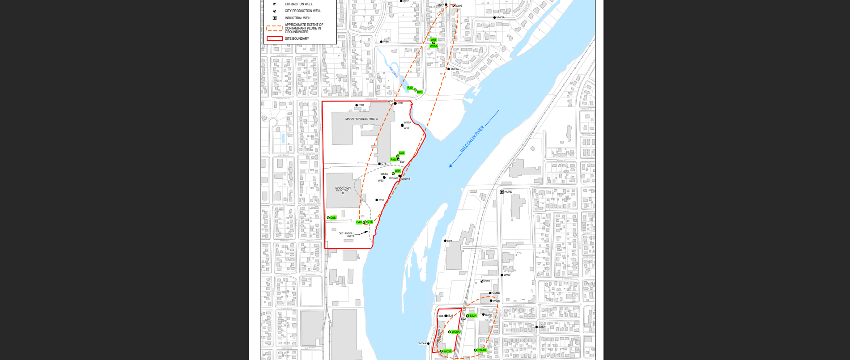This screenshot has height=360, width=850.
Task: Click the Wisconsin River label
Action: pyautogui.click(x=472, y=139)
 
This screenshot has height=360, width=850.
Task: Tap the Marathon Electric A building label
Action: pyautogui.click(x=361, y=119)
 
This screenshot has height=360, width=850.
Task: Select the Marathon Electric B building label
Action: pyautogui.click(x=343, y=191)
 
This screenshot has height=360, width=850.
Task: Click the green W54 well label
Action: pyautogui.click(x=398, y=171)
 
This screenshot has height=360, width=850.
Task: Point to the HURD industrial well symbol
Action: pyautogui.click(x=502, y=192)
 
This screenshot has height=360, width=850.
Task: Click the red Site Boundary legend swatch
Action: pyautogui.click(x=275, y=38)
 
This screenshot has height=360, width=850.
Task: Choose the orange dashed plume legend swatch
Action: pyautogui.click(x=275, y=28)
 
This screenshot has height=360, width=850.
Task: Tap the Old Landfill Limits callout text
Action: pyautogui.click(x=346, y=235)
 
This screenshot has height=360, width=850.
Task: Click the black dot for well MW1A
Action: pyautogui.click(x=449, y=69)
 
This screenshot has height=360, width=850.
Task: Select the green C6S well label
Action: pyautogui.click(x=333, y=218)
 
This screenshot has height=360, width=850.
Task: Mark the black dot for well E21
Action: pyautogui.click(x=445, y=241)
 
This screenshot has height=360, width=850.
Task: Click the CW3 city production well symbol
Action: pyautogui.click(x=482, y=281)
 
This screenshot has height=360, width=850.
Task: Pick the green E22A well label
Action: pyautogui.click(x=473, y=316)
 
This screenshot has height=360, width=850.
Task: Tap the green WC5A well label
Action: pyautogui.click(x=456, y=332)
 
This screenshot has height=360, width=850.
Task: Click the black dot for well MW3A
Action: pyautogui.click(x=494, y=17)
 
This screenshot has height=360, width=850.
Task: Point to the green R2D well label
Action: pyautogui.click(x=410, y=88)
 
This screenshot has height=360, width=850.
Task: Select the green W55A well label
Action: pyautogui.click(x=433, y=46)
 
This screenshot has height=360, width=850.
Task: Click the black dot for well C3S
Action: pyautogui.click(x=377, y=200)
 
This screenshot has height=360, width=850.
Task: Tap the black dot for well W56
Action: pyautogui.click(x=381, y=42)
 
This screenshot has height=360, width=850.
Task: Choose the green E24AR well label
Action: pyautogui.click(x=482, y=350)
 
